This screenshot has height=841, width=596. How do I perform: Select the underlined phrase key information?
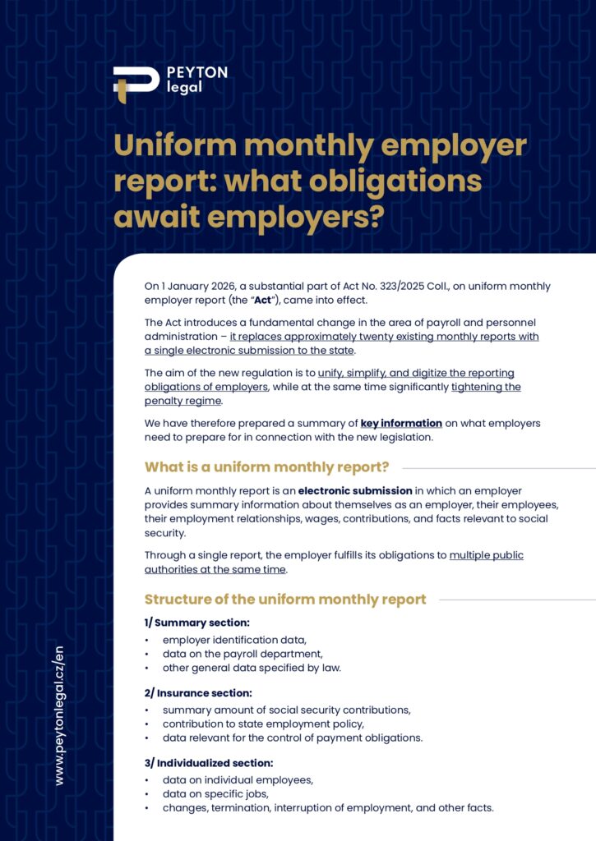click(401, 423)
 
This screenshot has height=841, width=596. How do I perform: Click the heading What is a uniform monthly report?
click(266, 467)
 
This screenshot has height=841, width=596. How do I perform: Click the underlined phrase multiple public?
click(486, 555)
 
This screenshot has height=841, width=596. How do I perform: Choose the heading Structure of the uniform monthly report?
click(285, 600)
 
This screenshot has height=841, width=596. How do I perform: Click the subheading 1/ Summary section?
click(197, 623)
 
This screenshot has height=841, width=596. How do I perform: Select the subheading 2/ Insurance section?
click(198, 693)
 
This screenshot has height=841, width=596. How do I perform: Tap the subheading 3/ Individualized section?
click(209, 763)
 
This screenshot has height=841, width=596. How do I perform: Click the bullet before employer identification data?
click(147, 640)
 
